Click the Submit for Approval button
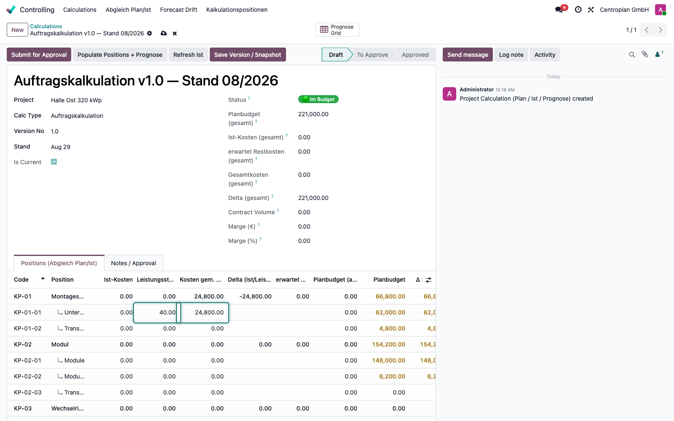pos(39,54)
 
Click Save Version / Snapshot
pos(248,54)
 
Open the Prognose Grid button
pos(337,30)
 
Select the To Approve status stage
pos(372,54)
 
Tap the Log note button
pos(511,54)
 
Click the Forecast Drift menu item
pos(179,10)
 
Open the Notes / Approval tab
pos(134,263)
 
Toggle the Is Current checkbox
pos(54,162)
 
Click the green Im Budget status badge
pos(318,99)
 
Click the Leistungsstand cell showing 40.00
pos(155,312)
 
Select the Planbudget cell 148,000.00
pos(388,360)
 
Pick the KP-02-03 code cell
pos(28,392)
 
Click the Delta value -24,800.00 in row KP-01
pos(255,296)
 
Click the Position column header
pos(62,280)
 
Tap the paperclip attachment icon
pos(645,54)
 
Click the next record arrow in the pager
pos(661,30)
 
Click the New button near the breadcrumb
pos(17,30)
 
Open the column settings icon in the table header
pos(428,280)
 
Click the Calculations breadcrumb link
pos(46,26)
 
